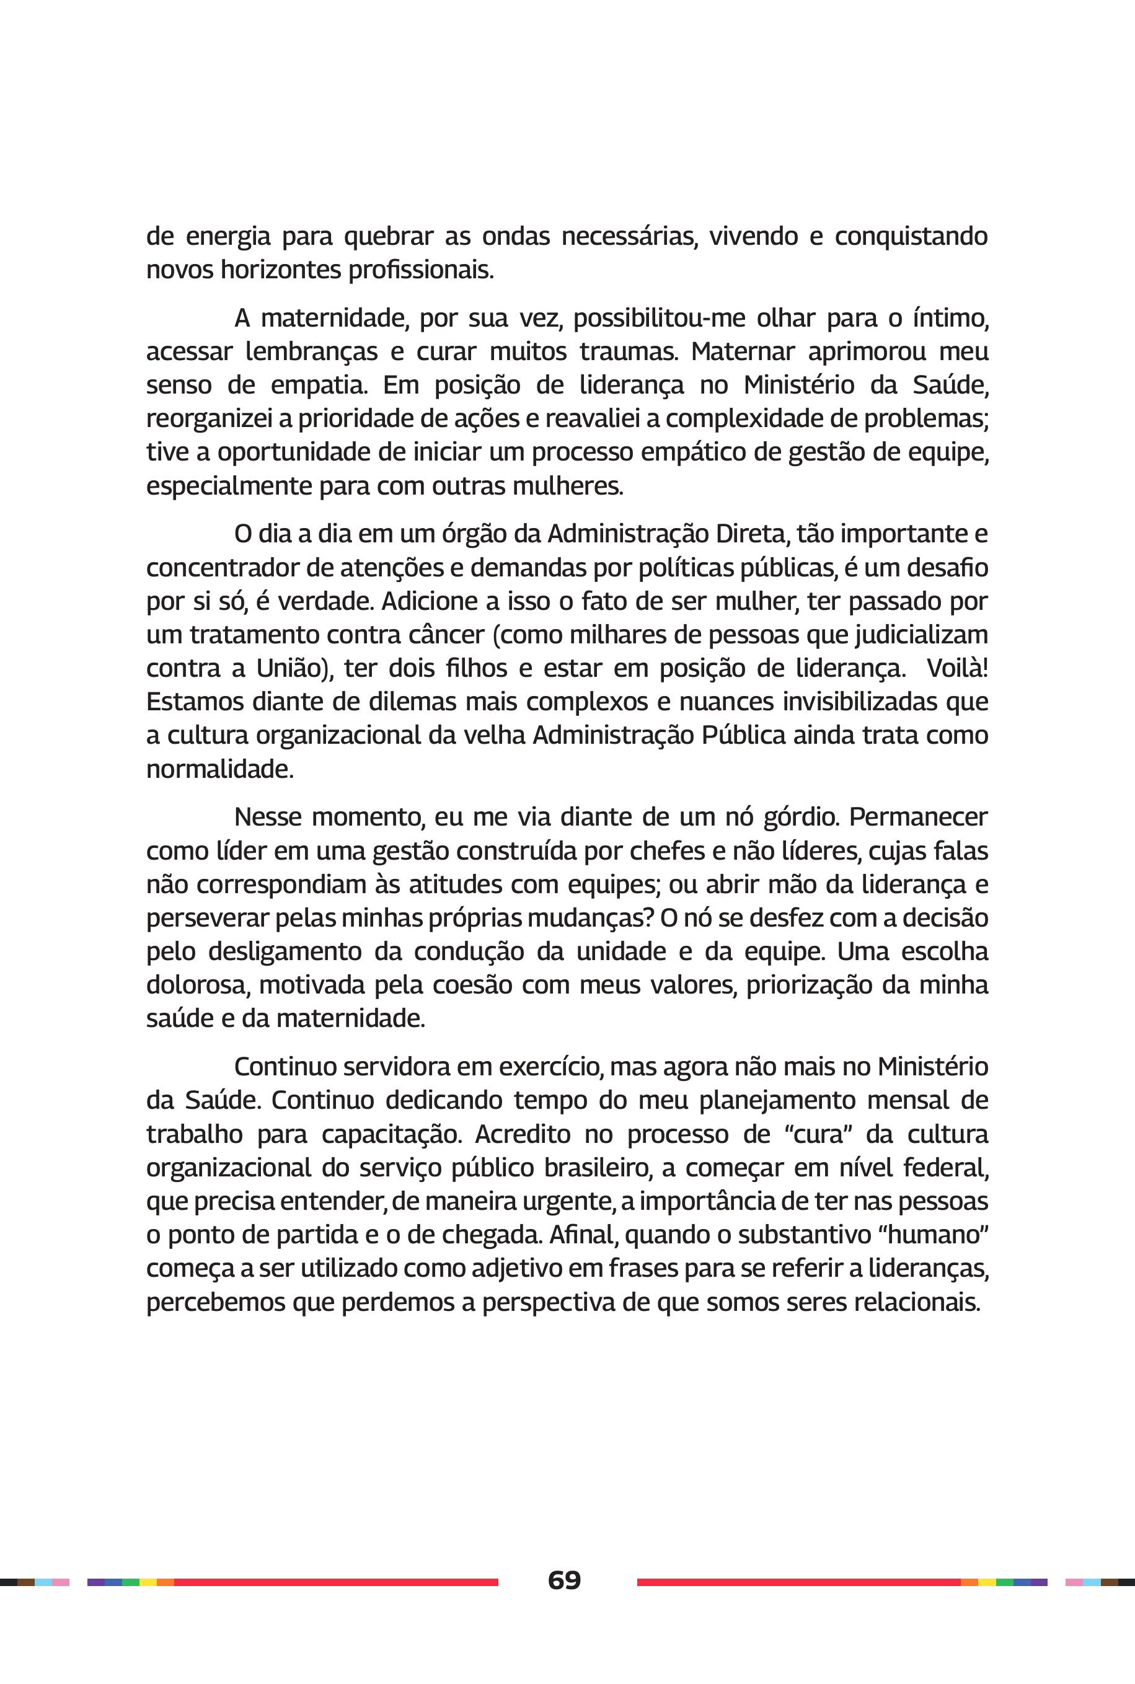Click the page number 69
[565, 1580]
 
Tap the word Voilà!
[957, 668]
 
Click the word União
[293, 668]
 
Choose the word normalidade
[219, 769]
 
